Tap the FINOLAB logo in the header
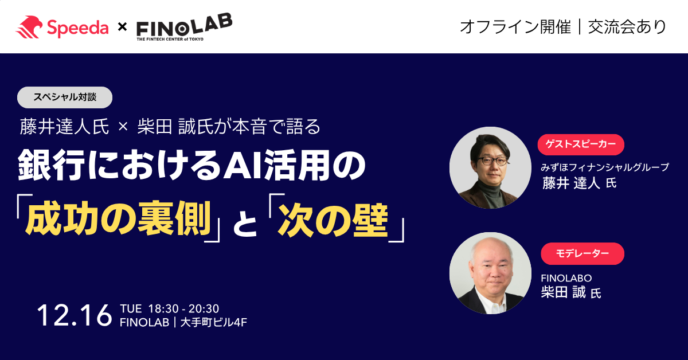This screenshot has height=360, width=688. [183, 27]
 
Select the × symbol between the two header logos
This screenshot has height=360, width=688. [122, 27]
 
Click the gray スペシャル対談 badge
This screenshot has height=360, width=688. [65, 97]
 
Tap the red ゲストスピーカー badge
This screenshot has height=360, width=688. [580, 144]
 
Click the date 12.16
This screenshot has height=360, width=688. [74, 316]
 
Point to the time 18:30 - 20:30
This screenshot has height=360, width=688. [183, 308]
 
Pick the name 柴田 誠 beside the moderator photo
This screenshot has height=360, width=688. [563, 292]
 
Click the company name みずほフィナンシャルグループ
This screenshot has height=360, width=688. [605, 167]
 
